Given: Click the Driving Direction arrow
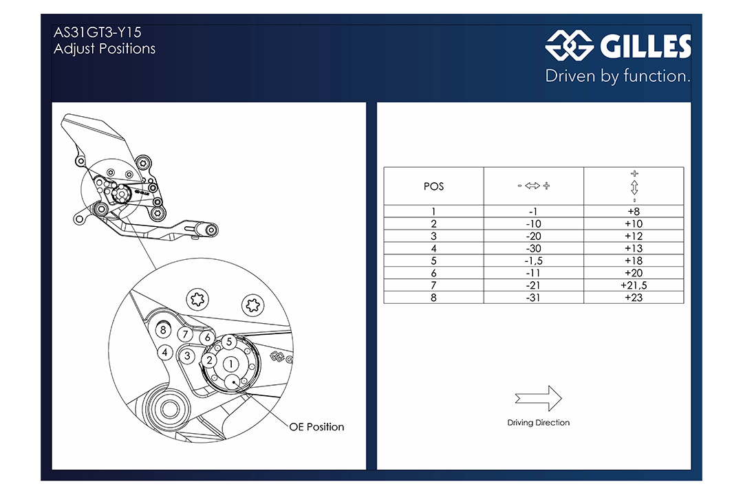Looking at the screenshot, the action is (538, 398).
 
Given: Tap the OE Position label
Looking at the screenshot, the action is (316, 427).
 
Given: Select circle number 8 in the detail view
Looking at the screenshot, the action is (163, 330).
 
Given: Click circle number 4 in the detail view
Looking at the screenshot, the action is (165, 353).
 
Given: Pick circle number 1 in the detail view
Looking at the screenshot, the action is (230, 364).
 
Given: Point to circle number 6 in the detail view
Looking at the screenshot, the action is (207, 338).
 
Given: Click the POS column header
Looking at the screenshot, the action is (433, 186).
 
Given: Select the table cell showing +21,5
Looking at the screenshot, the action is (634, 285).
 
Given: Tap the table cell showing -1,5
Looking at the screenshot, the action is (534, 261).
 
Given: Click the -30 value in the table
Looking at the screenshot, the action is (534, 248).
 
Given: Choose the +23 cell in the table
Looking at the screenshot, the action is (634, 298).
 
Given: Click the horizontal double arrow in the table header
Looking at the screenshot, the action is (533, 186).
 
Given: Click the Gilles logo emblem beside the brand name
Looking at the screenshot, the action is (569, 46).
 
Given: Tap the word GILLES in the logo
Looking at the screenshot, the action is (645, 47).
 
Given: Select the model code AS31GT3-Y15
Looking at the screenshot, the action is (98, 32).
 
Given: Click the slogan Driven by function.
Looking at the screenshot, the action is (618, 76).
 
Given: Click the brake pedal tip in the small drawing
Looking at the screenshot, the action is (211, 231).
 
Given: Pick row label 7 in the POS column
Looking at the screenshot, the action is (433, 285).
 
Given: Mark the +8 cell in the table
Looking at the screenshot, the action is (634, 211).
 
